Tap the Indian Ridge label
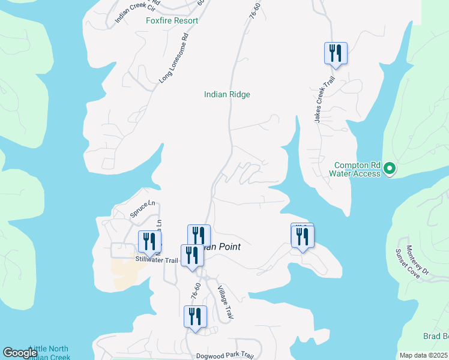227,94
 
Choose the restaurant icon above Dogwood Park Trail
195,316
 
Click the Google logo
20,353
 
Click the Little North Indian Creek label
49,353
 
